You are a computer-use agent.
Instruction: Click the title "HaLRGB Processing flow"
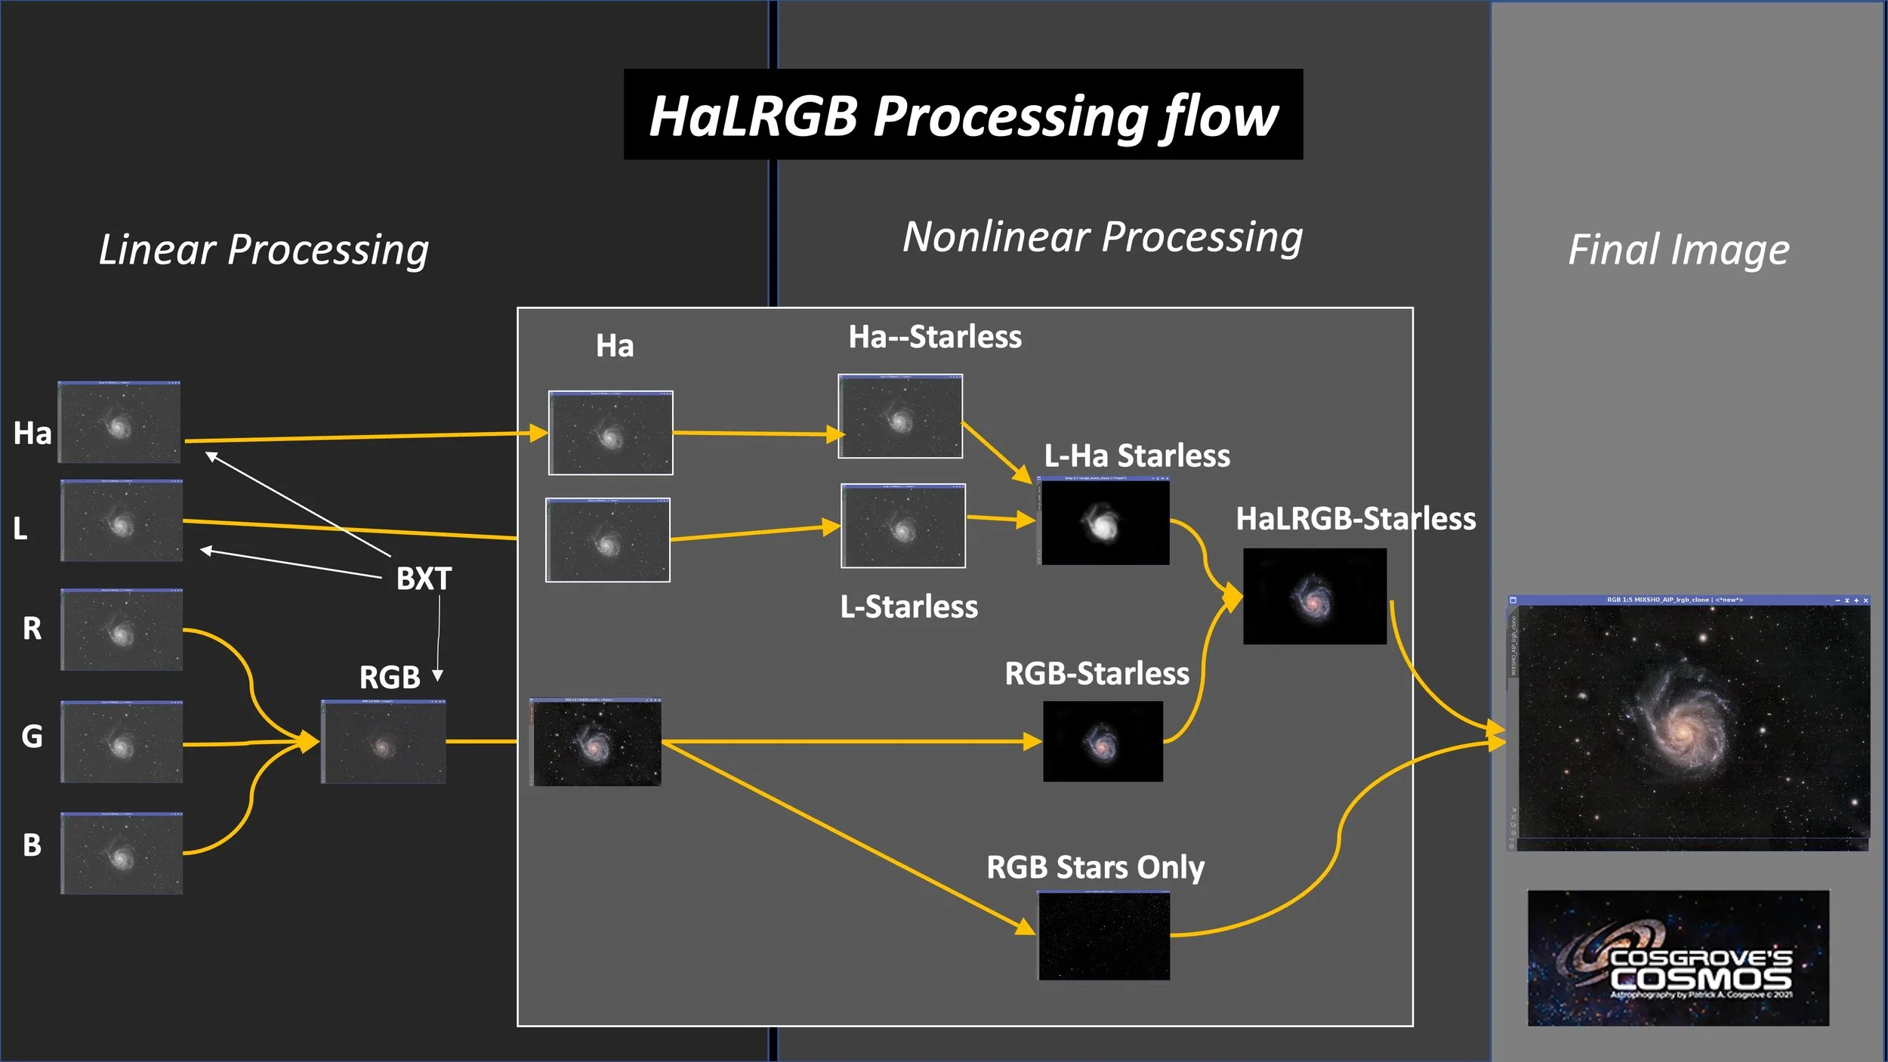(963, 115)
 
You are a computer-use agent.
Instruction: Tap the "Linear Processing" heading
(264, 249)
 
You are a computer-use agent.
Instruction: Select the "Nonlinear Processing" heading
(1103, 237)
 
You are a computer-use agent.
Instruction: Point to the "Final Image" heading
(1678, 249)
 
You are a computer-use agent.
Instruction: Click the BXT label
(424, 579)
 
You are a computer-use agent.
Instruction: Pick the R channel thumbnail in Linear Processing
(122, 630)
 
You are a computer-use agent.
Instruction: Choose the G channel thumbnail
(122, 742)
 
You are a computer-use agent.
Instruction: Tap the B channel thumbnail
(122, 854)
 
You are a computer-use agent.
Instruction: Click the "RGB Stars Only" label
(1095, 867)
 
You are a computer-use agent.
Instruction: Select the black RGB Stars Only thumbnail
(1104, 936)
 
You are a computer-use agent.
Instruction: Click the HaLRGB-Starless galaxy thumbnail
(1314, 597)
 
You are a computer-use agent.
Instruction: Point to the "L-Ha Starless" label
(1137, 456)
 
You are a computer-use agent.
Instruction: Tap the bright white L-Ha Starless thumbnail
(1104, 523)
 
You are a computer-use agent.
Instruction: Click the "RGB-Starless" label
(1097, 673)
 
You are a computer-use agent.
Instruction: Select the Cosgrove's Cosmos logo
(1678, 958)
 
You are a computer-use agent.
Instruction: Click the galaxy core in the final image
(1683, 730)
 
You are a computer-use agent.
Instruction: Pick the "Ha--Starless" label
(935, 337)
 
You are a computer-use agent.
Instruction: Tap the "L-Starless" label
(909, 607)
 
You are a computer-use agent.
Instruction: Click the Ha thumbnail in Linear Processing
(119, 422)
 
